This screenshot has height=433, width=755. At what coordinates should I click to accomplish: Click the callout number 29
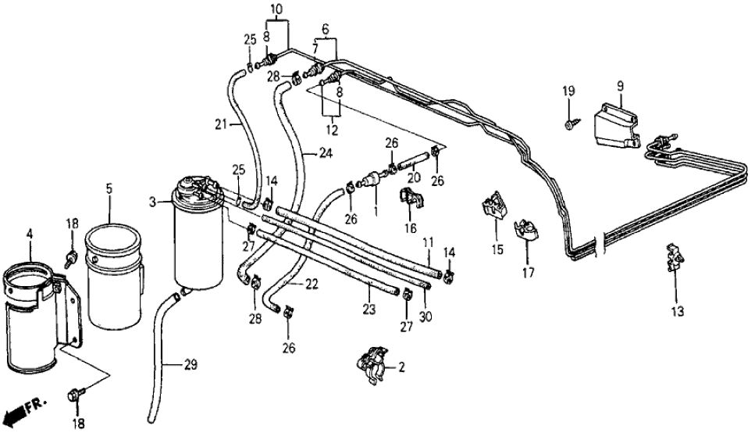191,365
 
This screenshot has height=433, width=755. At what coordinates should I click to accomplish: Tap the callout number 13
677,312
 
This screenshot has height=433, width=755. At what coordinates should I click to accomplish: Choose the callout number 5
109,188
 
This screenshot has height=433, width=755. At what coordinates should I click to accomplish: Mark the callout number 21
221,123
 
